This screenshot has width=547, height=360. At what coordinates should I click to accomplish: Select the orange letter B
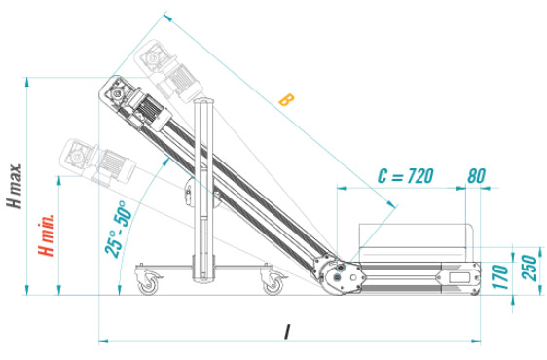[x=284, y=99]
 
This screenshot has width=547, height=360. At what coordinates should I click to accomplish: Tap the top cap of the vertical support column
[x=205, y=102]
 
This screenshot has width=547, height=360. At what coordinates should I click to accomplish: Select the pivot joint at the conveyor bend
[x=336, y=276]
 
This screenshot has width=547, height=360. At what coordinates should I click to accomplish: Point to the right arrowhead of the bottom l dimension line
[x=479, y=341]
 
